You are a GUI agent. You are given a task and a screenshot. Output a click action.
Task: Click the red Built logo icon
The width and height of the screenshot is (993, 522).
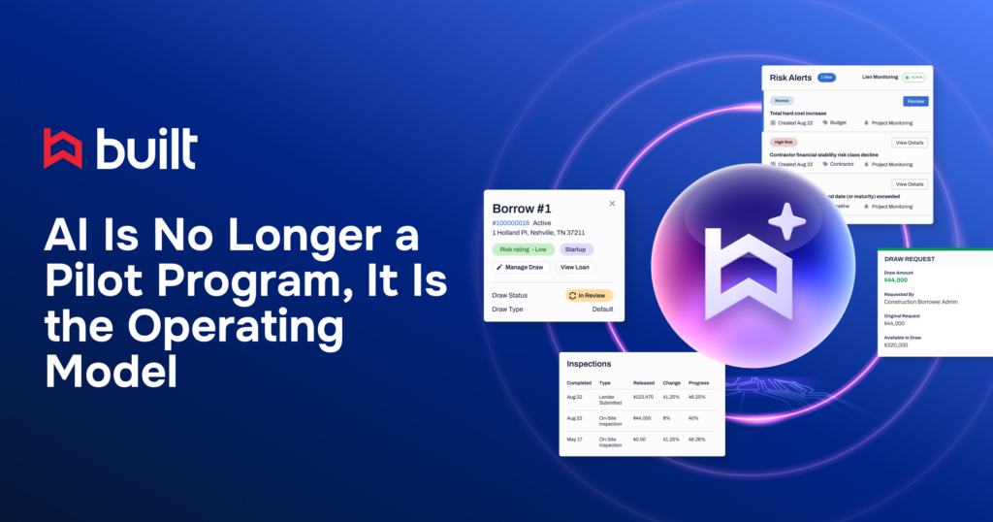coord(63,148)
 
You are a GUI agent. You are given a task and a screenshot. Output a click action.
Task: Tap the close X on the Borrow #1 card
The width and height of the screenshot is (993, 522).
coord(612,204)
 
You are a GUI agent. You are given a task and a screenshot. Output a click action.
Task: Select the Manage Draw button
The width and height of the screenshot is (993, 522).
coord(521,267)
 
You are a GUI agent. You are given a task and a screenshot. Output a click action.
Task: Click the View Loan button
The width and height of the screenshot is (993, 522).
coord(575,267)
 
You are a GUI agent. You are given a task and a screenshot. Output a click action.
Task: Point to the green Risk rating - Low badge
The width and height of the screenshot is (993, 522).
coord(522,249)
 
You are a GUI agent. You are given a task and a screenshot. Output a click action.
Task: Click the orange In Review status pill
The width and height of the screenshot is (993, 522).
coord(590,295)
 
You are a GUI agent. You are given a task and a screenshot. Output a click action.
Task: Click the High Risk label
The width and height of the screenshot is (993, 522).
coord(785,142)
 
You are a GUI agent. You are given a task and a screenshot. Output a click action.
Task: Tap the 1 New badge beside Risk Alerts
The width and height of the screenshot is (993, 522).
coord(826,77)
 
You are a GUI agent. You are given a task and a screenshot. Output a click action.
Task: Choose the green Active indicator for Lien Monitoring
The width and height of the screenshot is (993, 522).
coord(914,77)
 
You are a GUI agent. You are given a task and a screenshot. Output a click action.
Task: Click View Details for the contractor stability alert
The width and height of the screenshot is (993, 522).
coord(909,143)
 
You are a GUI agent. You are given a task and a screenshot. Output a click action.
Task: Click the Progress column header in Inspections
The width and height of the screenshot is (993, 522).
coord(698,382)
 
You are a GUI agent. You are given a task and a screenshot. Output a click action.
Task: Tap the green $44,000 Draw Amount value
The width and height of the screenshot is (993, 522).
coord(897,280)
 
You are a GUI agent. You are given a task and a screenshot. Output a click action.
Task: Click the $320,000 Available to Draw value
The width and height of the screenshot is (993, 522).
coord(897,344)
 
